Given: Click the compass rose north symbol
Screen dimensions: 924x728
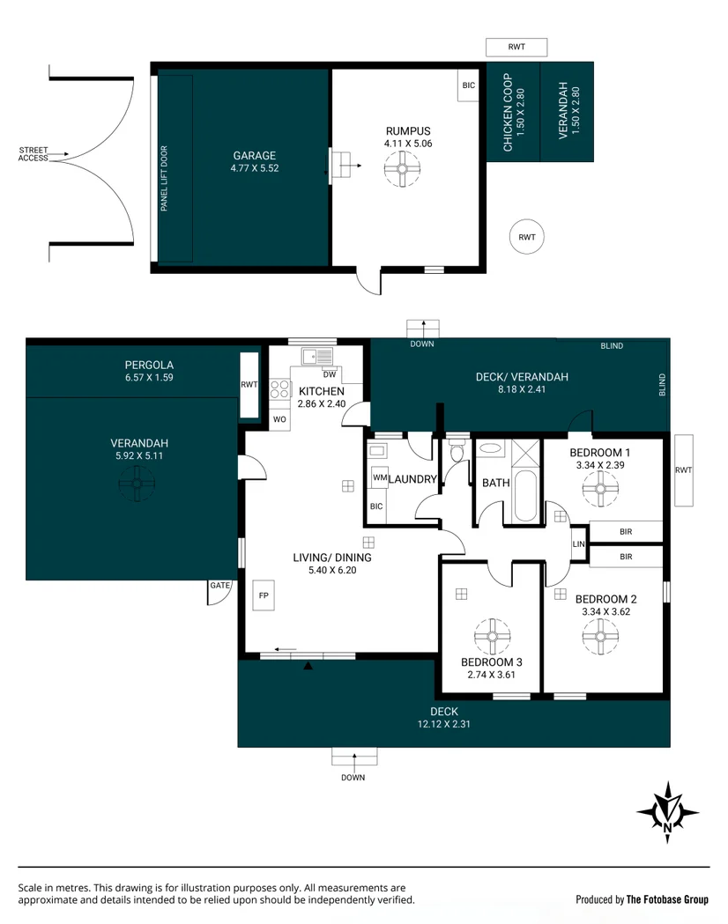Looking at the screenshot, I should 667,809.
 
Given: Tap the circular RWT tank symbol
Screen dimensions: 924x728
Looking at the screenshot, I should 527,237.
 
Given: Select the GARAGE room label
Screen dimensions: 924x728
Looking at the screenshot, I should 255,156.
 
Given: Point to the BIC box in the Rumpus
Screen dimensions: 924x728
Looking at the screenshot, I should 468,85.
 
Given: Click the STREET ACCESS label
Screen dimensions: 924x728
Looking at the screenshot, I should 33,154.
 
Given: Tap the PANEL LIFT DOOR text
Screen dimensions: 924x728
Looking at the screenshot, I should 165,179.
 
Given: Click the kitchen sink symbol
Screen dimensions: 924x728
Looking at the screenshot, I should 316,356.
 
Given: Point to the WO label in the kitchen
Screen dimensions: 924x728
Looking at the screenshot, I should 279,418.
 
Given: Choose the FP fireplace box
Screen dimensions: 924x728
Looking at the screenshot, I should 264,595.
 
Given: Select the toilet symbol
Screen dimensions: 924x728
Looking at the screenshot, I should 456,454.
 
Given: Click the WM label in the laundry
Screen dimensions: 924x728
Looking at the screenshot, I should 379,477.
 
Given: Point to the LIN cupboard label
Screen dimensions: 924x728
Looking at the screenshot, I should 578,544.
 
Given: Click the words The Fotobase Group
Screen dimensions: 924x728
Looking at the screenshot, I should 667,899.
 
